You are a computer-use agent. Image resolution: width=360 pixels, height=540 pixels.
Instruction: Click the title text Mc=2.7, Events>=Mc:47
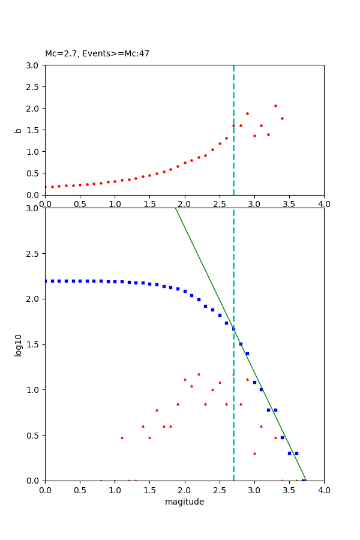coord(97,53)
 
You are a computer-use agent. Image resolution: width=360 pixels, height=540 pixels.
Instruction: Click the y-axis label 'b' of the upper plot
coord(19,130)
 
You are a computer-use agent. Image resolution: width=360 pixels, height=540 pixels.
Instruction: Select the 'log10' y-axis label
coord(19,345)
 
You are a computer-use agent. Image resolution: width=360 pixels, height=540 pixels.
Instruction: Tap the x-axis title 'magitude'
coord(184,502)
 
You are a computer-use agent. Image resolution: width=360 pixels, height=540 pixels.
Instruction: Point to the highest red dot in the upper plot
coord(275,106)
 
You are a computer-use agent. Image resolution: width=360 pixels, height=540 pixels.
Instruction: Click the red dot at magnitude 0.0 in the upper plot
coord(45,187)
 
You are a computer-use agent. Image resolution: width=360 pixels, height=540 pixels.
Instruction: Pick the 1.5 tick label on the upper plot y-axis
coord(34,130)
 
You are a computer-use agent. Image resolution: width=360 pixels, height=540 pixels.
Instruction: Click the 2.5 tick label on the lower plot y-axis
coord(34,254)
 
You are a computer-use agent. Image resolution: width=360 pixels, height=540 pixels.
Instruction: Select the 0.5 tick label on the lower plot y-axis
coord(34,435)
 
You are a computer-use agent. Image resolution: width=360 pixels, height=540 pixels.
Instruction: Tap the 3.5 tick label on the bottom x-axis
coord(289,490)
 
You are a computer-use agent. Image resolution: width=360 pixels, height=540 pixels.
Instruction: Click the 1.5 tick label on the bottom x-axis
coord(149,490)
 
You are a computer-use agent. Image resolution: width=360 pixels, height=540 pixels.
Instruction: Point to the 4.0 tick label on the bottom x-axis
coord(324,490)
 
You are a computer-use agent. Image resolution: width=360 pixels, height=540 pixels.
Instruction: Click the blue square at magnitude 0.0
coord(46,281)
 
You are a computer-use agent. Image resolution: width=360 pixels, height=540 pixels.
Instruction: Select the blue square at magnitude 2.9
coord(247,353)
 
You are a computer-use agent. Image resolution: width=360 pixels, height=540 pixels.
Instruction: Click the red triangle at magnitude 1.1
coord(122,437)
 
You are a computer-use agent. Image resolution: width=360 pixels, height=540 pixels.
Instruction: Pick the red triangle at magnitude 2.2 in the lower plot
coord(199,374)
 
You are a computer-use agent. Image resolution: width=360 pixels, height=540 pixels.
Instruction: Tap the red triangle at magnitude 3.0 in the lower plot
coord(254,453)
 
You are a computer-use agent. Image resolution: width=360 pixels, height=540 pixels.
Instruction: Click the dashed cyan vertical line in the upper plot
coord(233,150)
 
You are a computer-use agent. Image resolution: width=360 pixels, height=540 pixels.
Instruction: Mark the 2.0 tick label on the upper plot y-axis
coord(34,108)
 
